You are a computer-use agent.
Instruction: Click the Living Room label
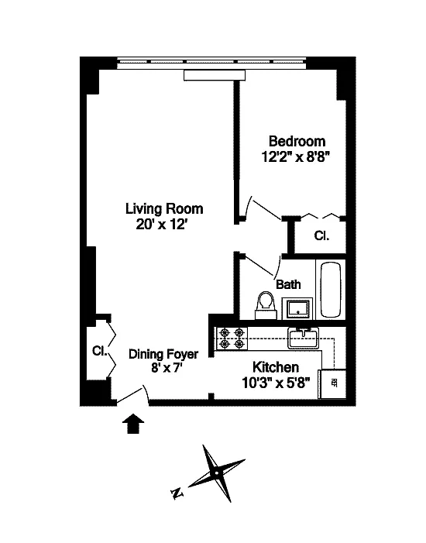(x=164, y=209)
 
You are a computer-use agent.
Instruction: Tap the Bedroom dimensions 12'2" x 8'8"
(x=294, y=157)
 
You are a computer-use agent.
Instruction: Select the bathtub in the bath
(x=331, y=290)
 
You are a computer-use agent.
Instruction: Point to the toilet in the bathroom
(x=266, y=304)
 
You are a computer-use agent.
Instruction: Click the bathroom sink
(x=297, y=308)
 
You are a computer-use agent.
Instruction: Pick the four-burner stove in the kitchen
(x=232, y=339)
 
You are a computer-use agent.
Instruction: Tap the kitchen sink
(x=303, y=338)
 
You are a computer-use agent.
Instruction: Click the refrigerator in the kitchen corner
(x=332, y=383)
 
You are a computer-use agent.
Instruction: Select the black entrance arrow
(x=133, y=424)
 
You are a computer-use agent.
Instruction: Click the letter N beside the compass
(x=177, y=493)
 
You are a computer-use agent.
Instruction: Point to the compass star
(x=216, y=473)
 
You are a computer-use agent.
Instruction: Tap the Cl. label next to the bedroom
(x=321, y=235)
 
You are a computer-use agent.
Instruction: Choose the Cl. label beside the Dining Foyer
(x=99, y=351)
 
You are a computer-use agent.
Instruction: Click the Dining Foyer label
(x=163, y=354)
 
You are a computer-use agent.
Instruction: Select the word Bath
(x=288, y=284)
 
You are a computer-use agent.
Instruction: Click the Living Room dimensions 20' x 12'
(x=162, y=225)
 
